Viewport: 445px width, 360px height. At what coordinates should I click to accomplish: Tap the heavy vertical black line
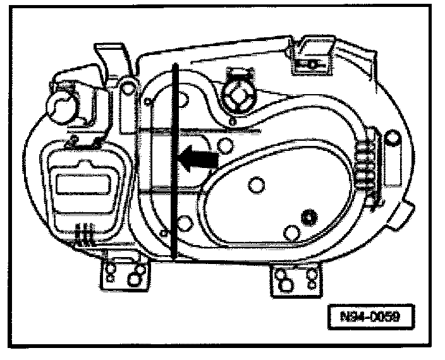click(x=172, y=164)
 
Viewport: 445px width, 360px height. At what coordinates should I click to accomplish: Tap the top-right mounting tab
click(x=312, y=56)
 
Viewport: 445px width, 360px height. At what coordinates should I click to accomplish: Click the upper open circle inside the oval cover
click(x=257, y=185)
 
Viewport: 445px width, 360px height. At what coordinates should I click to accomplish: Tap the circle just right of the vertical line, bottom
click(x=185, y=223)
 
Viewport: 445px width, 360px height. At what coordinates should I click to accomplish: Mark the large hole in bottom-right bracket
click(x=286, y=285)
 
